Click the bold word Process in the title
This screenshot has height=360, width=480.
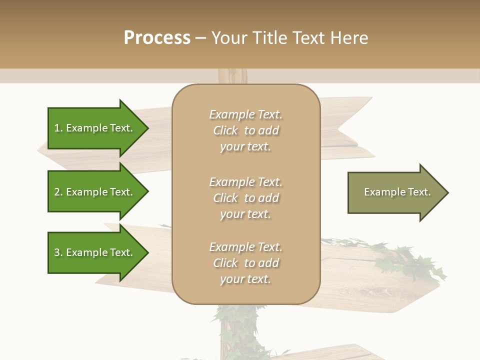pyautogui.click(x=157, y=37)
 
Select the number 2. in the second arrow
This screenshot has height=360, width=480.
pyautogui.click(x=58, y=192)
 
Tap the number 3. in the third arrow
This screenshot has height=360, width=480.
pyautogui.click(x=58, y=252)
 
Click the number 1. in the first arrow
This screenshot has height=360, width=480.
pyautogui.click(x=58, y=128)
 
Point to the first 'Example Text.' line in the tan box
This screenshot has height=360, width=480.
pyautogui.click(x=245, y=114)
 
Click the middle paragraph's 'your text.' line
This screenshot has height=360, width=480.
pyautogui.click(x=245, y=214)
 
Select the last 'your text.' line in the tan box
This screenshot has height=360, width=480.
pyautogui.click(x=245, y=279)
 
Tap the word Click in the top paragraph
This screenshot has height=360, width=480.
pyautogui.click(x=225, y=130)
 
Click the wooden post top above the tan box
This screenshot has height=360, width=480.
pyautogui.click(x=233, y=76)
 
